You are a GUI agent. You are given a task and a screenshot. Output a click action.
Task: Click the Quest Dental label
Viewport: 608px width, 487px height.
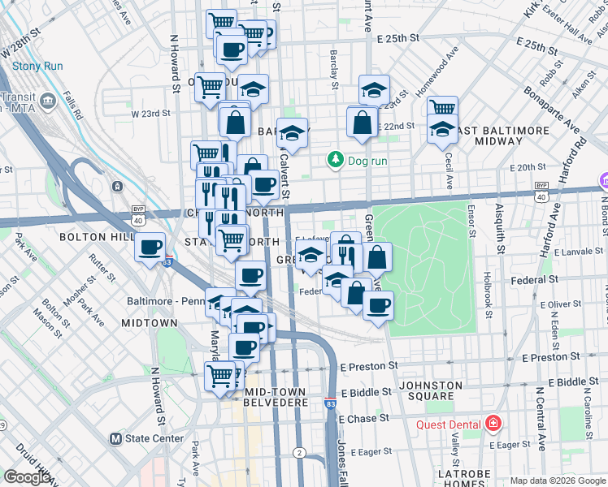tap(449, 425)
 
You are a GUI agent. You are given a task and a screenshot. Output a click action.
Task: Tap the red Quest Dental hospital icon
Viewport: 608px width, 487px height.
tap(493, 424)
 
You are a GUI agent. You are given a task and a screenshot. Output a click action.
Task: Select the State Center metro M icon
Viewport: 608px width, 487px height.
tap(115, 439)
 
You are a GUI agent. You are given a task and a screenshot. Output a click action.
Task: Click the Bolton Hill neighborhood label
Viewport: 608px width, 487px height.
tap(92, 237)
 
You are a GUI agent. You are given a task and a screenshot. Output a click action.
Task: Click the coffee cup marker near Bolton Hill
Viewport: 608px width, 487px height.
tap(150, 248)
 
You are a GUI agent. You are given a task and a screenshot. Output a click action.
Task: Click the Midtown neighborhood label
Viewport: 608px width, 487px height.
tap(149, 323)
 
